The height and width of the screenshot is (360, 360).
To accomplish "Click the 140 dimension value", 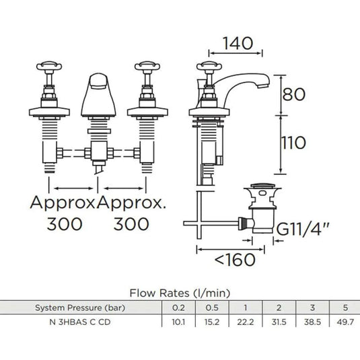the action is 238,44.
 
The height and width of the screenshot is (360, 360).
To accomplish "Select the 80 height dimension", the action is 294,94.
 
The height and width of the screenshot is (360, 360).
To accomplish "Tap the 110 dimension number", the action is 293,143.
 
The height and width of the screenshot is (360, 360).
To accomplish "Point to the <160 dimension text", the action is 235,260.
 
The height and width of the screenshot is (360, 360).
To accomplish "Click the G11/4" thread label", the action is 303,229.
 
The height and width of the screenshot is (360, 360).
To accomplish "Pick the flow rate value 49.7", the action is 345,322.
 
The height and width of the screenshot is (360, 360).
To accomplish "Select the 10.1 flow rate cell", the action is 178,322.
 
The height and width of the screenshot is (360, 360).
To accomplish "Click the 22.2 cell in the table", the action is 245,322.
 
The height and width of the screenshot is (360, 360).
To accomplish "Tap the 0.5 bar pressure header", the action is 212,308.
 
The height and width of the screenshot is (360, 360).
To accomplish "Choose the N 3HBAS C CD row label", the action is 80,322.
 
